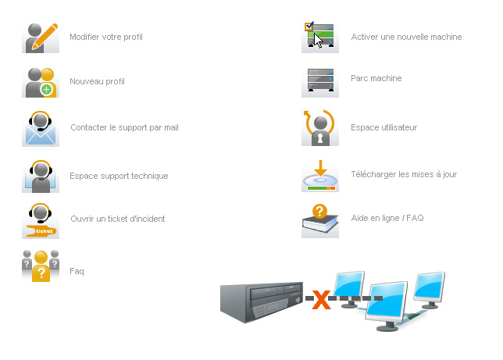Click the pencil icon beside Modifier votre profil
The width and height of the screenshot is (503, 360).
tap(45, 37)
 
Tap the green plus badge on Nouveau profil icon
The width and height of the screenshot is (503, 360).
tap(47, 89)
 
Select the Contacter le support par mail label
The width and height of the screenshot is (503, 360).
tap(124, 127)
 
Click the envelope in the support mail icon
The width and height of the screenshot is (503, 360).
tap(41, 136)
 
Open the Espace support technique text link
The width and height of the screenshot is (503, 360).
tap(119, 176)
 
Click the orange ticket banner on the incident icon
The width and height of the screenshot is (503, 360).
tap(41, 231)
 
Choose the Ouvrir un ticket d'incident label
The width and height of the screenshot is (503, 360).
tap(118, 219)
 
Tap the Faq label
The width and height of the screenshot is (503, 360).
tap(77, 271)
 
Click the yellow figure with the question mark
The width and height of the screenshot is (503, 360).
tap(41, 266)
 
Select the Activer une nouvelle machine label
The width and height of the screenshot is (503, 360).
tap(406, 37)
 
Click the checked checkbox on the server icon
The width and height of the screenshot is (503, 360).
tap(309, 26)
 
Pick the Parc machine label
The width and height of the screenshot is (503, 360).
tap(376, 78)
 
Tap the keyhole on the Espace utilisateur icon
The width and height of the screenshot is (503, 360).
tap(319, 137)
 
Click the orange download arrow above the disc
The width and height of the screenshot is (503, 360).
tap(320, 168)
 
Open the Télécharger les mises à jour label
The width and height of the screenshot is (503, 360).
tap(404, 174)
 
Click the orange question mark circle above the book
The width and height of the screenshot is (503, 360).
tap(319, 211)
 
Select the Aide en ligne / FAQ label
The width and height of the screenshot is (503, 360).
tap(387, 218)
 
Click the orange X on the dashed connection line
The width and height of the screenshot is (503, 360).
tap(321, 300)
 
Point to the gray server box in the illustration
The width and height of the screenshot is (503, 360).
tap(262, 301)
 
